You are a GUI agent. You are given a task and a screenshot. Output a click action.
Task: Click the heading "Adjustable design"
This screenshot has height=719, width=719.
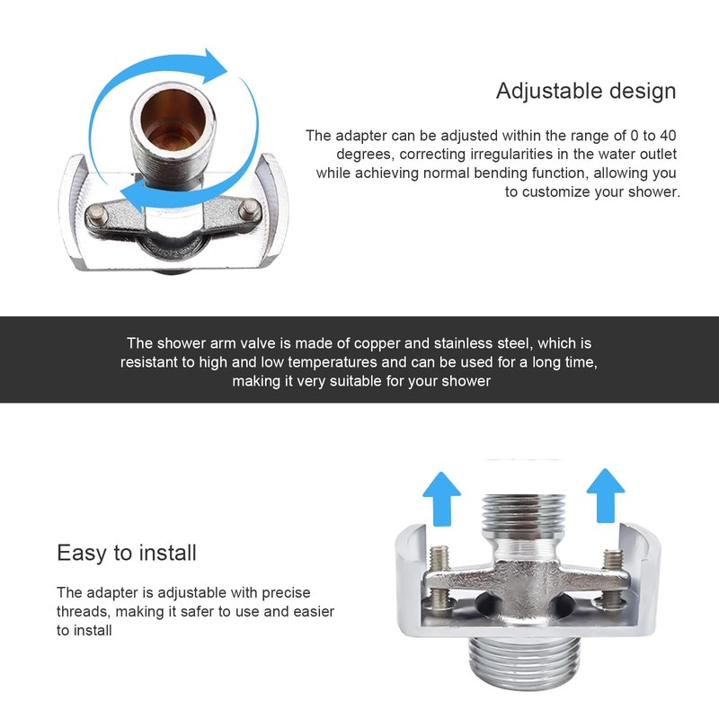(586, 91)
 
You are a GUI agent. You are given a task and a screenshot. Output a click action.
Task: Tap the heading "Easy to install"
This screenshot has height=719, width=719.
(127, 552)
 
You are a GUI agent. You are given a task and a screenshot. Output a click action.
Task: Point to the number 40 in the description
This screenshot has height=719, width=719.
(666, 136)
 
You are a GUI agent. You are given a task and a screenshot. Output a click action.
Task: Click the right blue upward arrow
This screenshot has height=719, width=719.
(605, 496)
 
